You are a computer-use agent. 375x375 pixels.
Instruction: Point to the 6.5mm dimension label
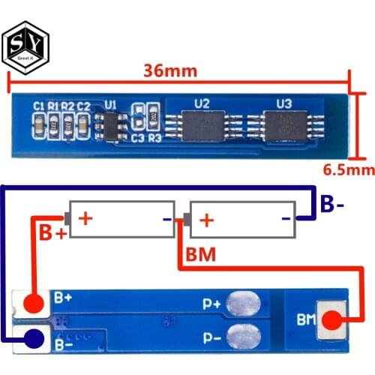347,170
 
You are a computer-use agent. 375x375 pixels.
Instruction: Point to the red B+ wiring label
52,233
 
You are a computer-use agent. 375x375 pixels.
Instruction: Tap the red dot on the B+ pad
32,304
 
